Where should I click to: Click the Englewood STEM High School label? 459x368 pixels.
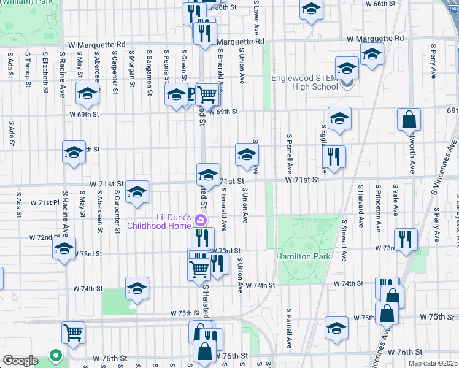tap(305, 82)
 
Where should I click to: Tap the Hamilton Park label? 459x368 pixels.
tap(303, 256)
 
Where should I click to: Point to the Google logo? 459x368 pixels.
tap(20, 360)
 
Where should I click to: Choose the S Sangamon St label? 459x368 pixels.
tap(149, 72)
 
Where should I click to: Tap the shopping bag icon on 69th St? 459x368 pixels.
tap(409, 121)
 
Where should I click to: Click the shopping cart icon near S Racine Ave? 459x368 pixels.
tap(73, 333)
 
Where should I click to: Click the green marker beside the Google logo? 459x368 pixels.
tap(55, 355)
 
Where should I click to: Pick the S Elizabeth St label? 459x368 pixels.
tap(45, 72)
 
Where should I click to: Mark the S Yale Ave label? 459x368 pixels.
tap(395, 200)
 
